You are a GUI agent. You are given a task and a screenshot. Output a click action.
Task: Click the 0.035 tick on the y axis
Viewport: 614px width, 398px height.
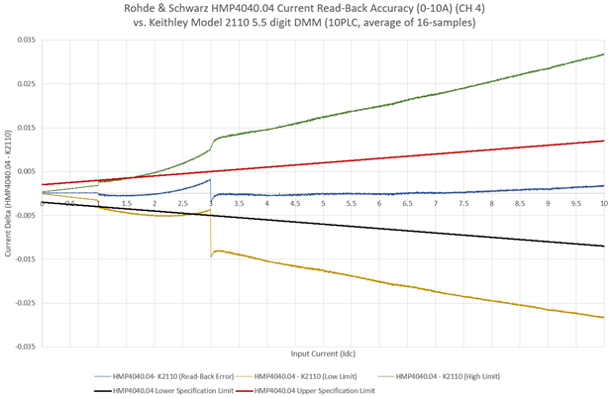[22, 40]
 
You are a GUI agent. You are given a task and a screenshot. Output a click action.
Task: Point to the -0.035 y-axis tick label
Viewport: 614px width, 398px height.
[21, 347]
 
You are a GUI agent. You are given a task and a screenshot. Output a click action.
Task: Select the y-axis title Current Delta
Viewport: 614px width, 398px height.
[8, 193]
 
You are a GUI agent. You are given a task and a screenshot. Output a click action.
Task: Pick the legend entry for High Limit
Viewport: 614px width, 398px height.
[453, 376]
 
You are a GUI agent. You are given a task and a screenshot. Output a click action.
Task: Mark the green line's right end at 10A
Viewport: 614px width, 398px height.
[604, 54]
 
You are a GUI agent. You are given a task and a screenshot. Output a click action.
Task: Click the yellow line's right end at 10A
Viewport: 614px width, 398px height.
[604, 317]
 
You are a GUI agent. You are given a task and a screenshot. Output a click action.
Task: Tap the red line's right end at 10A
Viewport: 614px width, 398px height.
[604, 141]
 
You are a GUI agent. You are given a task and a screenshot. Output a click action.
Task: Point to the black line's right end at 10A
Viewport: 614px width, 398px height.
[604, 246]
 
